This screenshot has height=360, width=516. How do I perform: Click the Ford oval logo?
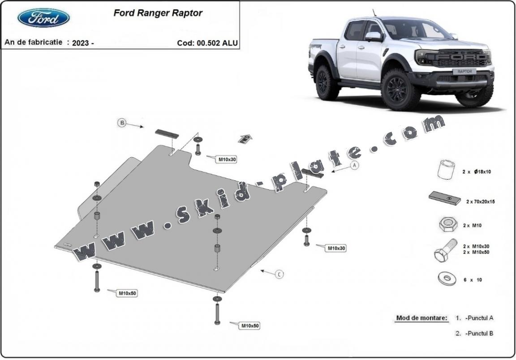[x=43, y=17]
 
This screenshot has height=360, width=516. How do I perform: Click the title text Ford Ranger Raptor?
[x=158, y=13]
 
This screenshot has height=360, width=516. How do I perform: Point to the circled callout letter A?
[x=355, y=165]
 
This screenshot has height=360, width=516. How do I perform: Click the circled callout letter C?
[x=279, y=274]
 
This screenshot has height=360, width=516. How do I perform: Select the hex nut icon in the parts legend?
[x=443, y=225]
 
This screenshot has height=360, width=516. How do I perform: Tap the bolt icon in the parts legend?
[x=444, y=251]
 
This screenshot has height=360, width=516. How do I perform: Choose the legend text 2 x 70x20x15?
[x=480, y=201]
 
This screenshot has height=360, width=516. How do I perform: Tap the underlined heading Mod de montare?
[x=421, y=318]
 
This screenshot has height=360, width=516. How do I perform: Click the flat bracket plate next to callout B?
[x=167, y=133]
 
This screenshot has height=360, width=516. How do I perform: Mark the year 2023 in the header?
[x=82, y=43]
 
